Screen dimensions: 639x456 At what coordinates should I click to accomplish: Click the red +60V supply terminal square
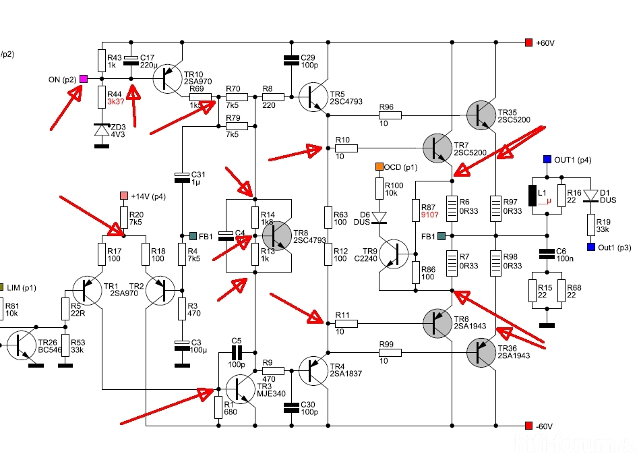pos(528,42)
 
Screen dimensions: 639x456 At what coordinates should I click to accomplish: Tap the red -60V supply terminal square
pos(528,426)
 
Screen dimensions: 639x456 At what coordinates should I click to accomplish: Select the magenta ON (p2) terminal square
pos(83,79)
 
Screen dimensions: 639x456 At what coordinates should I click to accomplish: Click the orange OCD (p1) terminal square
pos(379,167)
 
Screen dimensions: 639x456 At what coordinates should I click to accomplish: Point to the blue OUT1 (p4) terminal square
pos(547,159)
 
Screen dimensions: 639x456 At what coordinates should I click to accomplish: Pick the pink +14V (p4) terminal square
pos(124,196)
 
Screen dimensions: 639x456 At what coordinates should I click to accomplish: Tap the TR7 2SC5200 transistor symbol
pos(437,148)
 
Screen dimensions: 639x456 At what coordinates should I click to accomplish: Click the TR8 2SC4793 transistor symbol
pos(277,235)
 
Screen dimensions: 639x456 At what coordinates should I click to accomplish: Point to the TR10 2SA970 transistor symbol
pos(167,79)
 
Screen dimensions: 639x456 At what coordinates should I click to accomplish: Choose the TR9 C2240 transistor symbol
pos(394,254)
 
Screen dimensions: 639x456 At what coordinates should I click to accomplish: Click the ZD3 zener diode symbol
pos(102,130)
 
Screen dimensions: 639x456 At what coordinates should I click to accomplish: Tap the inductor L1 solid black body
pos(532,196)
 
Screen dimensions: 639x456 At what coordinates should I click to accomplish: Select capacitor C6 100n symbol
pos(547,254)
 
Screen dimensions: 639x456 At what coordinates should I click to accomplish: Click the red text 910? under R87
pos(429,215)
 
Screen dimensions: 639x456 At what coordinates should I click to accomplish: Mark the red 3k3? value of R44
pos(116,102)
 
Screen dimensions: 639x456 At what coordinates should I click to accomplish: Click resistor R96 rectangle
pos(390,115)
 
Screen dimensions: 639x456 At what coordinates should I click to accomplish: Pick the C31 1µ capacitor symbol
pos(182,177)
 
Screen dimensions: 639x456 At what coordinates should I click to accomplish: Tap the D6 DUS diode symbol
pos(379,218)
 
